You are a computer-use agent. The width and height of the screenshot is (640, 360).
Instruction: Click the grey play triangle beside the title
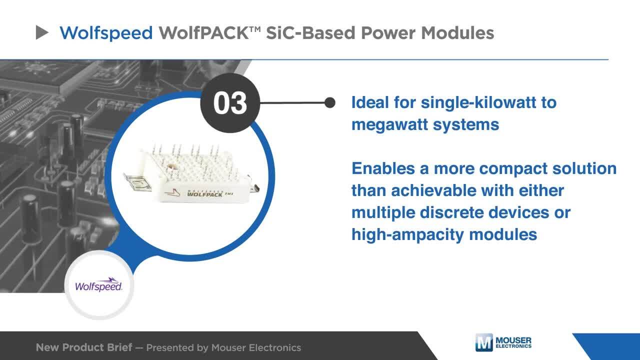point(41,32)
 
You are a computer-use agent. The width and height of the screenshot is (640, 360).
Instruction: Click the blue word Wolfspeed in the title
point(106,33)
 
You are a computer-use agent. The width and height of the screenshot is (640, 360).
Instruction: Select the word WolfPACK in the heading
point(203,32)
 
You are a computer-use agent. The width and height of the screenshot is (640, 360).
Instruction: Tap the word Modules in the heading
point(457,32)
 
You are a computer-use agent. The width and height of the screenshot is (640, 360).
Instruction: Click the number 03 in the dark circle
point(230,103)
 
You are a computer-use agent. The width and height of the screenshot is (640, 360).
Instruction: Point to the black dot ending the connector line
point(330,102)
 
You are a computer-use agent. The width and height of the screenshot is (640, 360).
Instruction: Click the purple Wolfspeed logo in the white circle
point(98,284)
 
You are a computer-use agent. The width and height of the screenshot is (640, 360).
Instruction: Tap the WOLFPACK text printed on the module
point(204,194)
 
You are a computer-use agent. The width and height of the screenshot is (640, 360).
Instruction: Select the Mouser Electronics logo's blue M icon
point(484,342)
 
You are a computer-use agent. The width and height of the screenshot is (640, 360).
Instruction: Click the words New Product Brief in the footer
point(84,347)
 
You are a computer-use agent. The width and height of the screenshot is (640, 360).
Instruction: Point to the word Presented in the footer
point(170,347)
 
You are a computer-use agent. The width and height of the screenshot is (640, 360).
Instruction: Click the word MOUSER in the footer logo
point(513,340)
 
